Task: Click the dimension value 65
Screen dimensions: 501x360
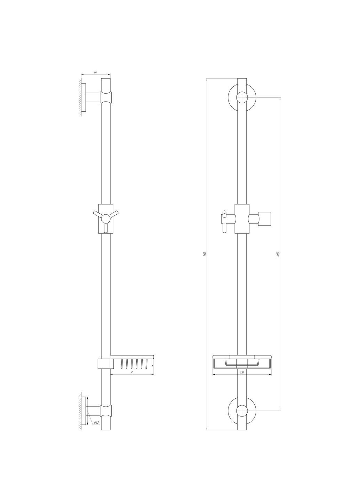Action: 96,72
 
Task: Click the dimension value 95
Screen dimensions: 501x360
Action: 132,372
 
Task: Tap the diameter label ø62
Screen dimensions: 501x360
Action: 96,423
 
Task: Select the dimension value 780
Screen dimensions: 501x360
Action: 205,254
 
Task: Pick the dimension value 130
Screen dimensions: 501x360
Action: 242,372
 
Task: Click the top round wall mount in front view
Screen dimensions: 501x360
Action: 242,97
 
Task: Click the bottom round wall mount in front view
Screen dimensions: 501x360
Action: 242,411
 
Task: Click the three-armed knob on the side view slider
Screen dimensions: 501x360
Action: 106,218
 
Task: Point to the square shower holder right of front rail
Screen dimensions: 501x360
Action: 265,218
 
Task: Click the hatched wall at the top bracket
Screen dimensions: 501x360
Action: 80,97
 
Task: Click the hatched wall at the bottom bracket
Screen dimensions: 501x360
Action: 80,411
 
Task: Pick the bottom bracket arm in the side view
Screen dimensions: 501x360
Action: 94,411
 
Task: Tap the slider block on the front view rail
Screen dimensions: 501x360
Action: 242,219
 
